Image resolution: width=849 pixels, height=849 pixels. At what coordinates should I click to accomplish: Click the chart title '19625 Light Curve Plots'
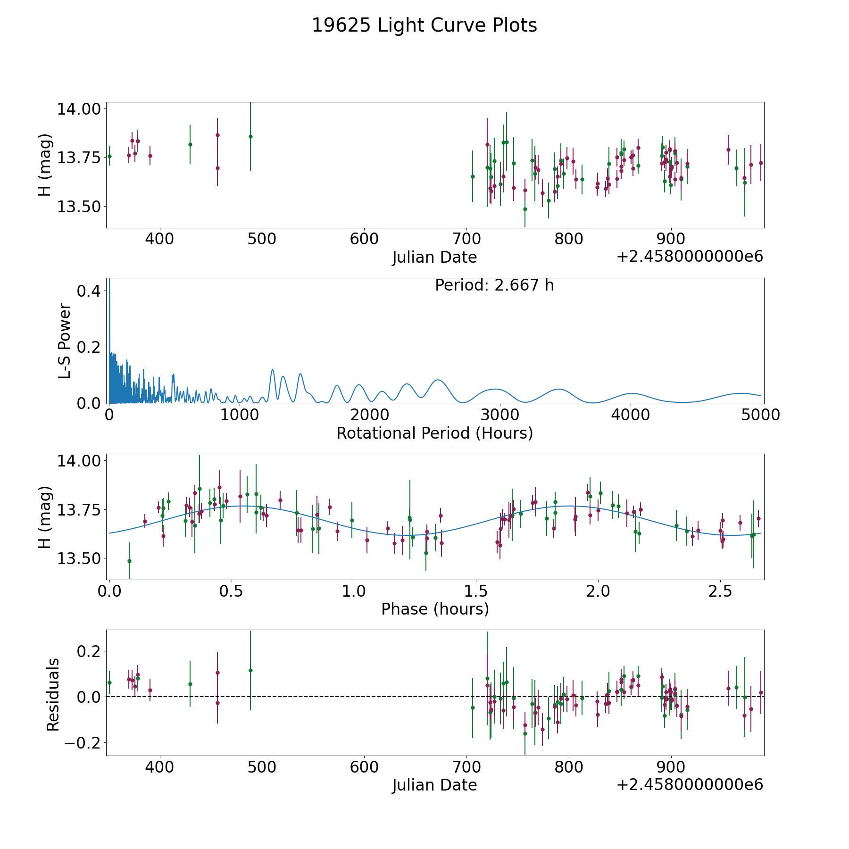click(424, 25)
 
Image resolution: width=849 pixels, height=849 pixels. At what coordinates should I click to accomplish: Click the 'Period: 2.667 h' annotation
click(494, 285)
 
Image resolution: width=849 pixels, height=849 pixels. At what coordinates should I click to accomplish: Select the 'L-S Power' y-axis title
click(65, 341)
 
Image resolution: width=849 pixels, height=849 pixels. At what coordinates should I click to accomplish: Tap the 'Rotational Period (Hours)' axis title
click(434, 433)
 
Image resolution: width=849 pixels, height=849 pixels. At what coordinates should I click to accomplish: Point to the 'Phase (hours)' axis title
click(434, 609)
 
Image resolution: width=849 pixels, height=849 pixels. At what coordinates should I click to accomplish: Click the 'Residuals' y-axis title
click(53, 694)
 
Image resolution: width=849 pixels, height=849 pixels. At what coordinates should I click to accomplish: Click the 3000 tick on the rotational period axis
click(500, 415)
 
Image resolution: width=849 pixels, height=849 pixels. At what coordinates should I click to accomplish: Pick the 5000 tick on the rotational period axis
click(761, 415)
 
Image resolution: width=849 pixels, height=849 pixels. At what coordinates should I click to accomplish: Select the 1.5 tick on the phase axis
click(476, 591)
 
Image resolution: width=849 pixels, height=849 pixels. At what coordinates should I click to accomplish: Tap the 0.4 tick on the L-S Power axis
click(89, 291)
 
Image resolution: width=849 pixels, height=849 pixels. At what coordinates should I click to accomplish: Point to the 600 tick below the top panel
click(364, 239)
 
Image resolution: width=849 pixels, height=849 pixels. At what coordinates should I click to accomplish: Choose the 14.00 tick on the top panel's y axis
click(78, 109)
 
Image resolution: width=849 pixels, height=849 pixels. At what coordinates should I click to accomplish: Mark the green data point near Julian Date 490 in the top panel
click(250, 136)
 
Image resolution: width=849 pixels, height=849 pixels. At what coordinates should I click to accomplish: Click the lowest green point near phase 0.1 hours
click(129, 561)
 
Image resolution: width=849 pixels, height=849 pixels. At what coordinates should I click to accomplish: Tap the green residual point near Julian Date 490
click(250, 670)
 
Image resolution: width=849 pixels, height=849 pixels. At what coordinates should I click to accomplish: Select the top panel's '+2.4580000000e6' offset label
click(690, 257)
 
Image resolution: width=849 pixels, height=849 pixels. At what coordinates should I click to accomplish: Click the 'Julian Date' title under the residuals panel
click(434, 785)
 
